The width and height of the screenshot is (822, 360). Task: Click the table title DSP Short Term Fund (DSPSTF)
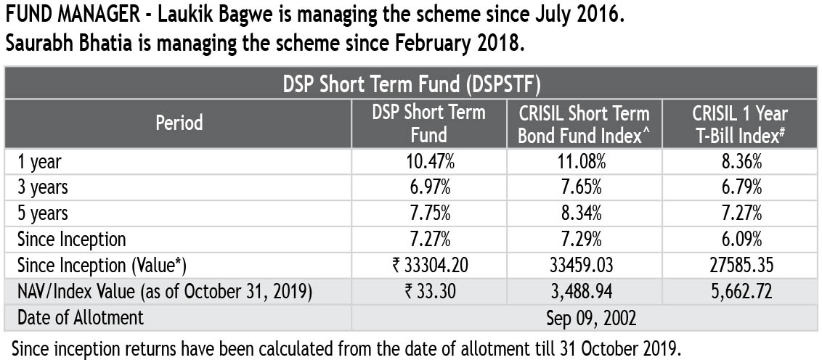point(410,83)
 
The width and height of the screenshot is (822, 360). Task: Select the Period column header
point(179,123)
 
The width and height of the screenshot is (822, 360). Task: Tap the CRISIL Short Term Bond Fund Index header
point(584,123)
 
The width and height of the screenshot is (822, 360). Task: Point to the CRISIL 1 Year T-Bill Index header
point(739,123)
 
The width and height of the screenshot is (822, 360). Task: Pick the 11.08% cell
point(584,162)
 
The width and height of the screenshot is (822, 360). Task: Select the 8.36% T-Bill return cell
point(739,162)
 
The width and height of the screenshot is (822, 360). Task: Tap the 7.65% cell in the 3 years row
point(584,187)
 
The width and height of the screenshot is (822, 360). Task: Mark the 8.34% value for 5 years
point(584,213)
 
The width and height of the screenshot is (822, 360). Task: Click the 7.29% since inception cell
point(584,239)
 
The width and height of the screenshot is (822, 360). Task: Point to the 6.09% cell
point(739,239)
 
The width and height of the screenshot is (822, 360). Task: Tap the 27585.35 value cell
point(739,265)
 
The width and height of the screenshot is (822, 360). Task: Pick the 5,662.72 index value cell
point(739,291)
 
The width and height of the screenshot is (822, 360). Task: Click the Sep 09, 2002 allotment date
point(584,317)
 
